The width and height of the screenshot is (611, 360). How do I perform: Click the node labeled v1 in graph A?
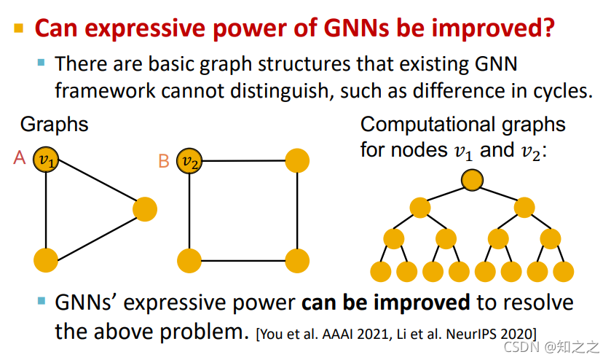point(46,160)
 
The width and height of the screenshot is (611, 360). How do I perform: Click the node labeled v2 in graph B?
point(189,161)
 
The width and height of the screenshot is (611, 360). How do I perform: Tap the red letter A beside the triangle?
point(20,158)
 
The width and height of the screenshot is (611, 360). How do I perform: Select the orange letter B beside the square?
point(164,161)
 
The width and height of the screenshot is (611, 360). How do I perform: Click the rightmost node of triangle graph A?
point(145,209)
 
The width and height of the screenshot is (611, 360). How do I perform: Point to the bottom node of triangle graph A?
point(46,260)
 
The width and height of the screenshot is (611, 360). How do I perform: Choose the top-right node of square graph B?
point(297,161)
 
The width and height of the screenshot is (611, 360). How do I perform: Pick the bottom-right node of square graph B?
point(297,261)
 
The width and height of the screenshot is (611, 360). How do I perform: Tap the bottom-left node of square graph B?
point(189,261)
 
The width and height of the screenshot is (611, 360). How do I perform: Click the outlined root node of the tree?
point(473,180)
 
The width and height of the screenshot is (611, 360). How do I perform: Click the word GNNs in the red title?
point(356,28)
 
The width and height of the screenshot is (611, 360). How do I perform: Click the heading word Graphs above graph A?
point(54,125)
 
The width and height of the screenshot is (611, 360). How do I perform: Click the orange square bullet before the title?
point(19,28)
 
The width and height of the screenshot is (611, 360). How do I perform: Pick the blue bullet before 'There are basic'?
point(41,63)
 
